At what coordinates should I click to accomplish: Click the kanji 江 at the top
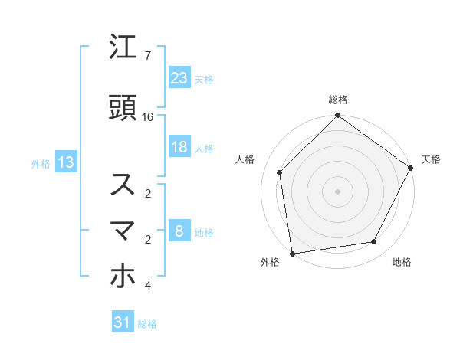pos(123,47)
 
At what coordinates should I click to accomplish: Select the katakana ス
pos(123,185)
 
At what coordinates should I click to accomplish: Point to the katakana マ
pos(123,231)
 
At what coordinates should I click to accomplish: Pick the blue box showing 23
pos(179,77)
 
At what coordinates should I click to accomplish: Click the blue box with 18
pos(179,147)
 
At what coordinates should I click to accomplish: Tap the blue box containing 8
pos(179,231)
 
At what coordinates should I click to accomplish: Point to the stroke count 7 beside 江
pos(147,56)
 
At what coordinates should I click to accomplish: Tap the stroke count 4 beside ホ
pos(147,286)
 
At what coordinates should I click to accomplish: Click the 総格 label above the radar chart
pos(338,100)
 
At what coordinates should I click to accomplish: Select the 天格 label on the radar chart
pos(431,159)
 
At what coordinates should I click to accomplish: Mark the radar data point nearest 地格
pos(374,242)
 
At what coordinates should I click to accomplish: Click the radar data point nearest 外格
pos(292,253)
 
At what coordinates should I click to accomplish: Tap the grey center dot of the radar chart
pos(338,191)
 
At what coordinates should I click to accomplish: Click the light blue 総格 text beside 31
pos(147,324)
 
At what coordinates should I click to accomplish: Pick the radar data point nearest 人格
pos(280,172)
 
